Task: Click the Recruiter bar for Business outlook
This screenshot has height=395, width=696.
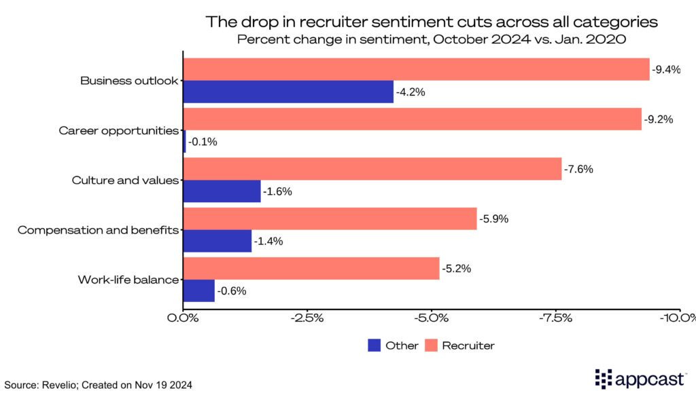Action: pos(416,69)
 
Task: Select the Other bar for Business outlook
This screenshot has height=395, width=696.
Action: pos(288,92)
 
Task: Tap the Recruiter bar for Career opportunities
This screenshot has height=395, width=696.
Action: pos(412,119)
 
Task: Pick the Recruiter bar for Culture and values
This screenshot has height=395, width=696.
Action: pos(372,169)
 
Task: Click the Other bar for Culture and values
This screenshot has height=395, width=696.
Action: pos(222,191)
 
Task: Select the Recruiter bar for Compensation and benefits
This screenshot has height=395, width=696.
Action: pos(330,219)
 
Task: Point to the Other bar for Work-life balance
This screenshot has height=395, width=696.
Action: pos(199,290)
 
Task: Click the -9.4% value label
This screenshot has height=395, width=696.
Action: pos(666,70)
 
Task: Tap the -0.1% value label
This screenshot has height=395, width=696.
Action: pos(203,142)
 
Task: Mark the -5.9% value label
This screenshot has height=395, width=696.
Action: pos(494,219)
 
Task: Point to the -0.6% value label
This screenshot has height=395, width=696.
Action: pos(231,291)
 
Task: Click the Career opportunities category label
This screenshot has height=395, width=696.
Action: pos(118,130)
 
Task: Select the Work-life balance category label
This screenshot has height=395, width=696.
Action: pos(128,280)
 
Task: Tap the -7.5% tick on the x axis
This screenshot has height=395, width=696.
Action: pos(557,318)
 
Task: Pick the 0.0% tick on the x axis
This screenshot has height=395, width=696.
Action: pos(184,318)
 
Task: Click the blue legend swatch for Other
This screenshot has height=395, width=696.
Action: pos(374,345)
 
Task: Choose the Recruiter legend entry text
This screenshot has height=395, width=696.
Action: pos(468,345)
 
